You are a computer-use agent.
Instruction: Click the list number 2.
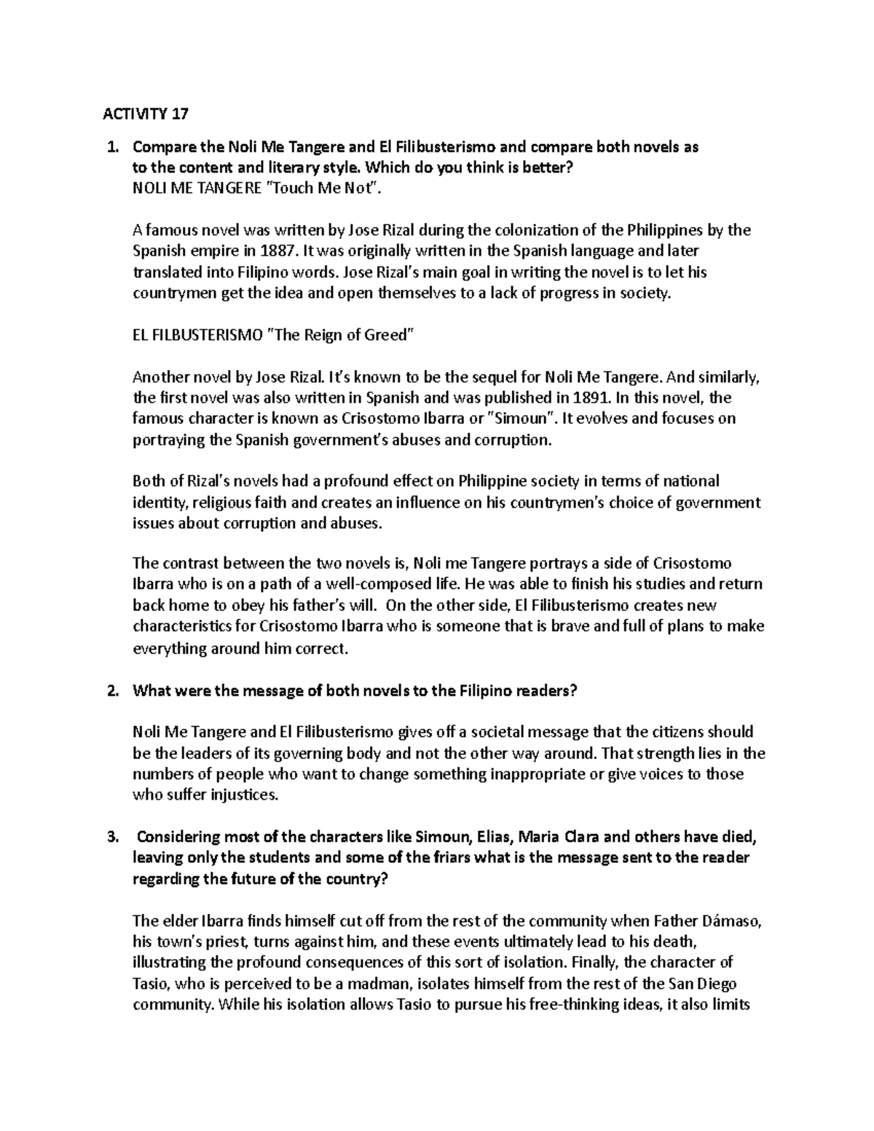click(x=112, y=691)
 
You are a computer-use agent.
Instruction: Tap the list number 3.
click(x=112, y=837)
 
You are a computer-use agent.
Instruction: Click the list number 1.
click(x=112, y=147)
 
